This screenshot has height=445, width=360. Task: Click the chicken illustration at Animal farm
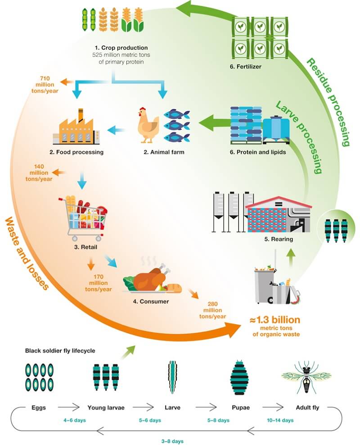pyautogui.click(x=148, y=123)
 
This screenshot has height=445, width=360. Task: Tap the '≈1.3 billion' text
pyautogui.click(x=274, y=320)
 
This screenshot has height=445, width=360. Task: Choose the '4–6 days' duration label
pyautogui.click(x=75, y=420)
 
